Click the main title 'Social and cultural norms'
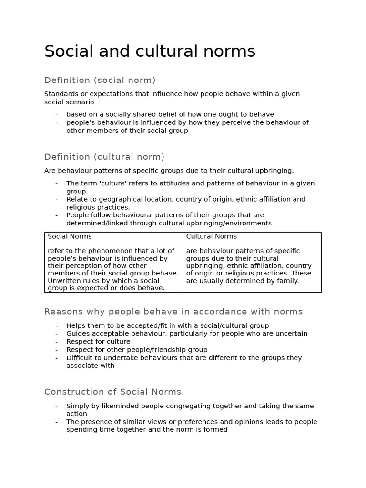pyautogui.click(x=150, y=51)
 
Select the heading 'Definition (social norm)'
pyautogui.click(x=100, y=80)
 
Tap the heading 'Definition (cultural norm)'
pyautogui.click(x=104, y=157)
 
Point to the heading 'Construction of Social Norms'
pyautogui.click(x=113, y=392)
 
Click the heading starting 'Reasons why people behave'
pyautogui.click(x=173, y=312)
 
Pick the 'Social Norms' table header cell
pyautogui.click(x=70, y=236)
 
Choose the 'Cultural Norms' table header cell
pyautogui.click(x=211, y=236)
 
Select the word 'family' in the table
pyautogui.click(x=287, y=281)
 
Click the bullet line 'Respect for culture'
pyautogui.click(x=98, y=342)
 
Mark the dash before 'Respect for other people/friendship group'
pyautogui.click(x=56, y=350)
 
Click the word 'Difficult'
pyautogui.click(x=81, y=358)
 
